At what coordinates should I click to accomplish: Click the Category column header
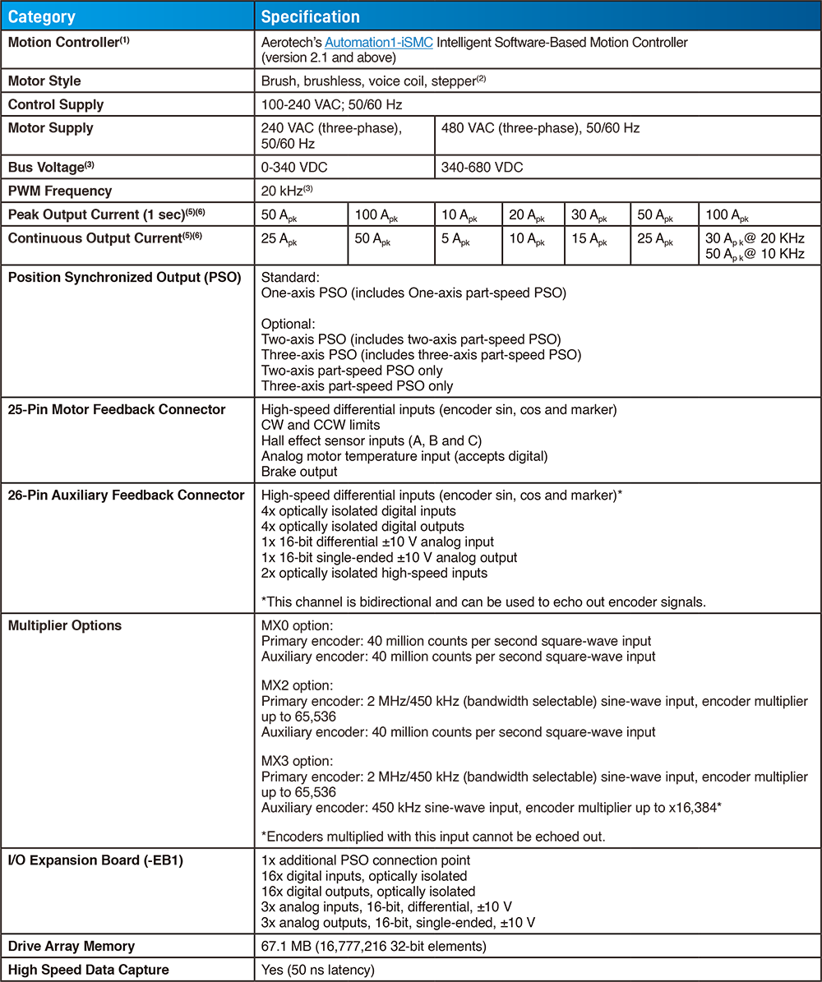[x=42, y=16]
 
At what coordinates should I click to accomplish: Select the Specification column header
[x=311, y=16]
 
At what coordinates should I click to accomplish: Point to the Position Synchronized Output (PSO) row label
[x=124, y=277]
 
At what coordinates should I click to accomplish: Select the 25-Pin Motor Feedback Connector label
[x=116, y=409]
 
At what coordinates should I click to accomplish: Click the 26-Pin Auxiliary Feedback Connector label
[x=126, y=495]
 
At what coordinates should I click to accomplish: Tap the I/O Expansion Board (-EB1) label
[x=95, y=860]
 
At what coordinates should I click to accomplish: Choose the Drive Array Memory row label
[x=72, y=947]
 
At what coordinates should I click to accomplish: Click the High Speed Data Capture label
[x=88, y=970]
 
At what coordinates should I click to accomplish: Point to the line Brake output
[x=299, y=472]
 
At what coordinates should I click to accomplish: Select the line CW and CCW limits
[x=321, y=425]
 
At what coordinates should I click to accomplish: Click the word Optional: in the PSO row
[x=288, y=324]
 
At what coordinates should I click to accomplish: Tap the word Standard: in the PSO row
[x=289, y=277]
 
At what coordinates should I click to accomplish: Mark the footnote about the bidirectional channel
[x=483, y=602]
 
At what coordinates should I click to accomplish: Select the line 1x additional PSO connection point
[x=365, y=860]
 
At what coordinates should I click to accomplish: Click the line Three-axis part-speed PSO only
[x=357, y=385]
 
